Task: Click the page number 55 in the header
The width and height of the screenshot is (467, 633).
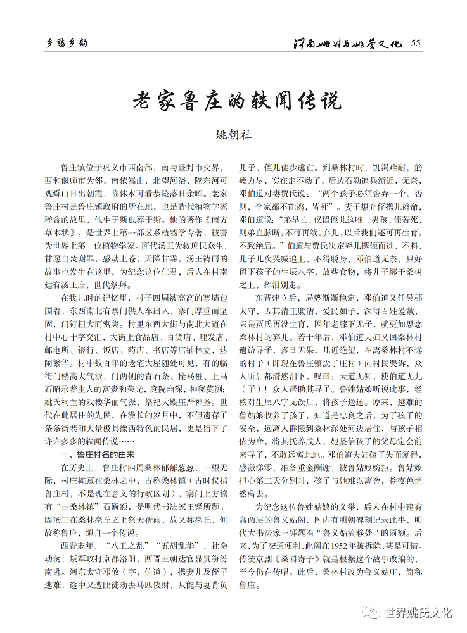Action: (x=416, y=43)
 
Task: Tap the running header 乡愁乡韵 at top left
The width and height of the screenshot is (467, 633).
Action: (x=68, y=43)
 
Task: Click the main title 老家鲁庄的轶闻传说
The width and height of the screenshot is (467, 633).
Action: (x=236, y=100)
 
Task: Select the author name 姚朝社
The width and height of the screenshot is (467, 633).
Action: (x=234, y=135)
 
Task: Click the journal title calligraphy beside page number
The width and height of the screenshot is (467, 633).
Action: (x=348, y=44)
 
